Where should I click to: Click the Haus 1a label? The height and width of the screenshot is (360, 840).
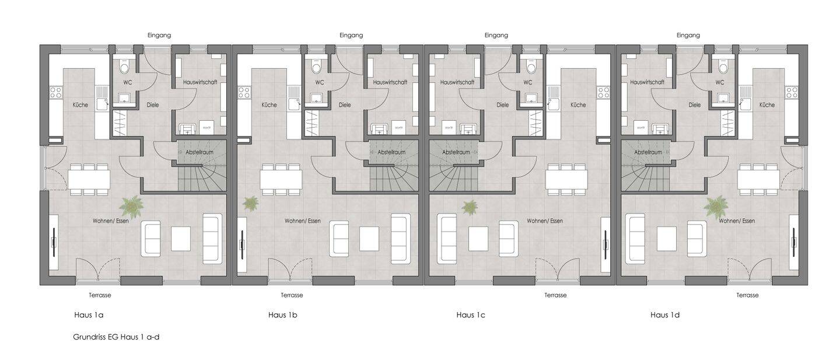(89, 315)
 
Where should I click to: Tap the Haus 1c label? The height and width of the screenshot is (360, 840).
(471, 315)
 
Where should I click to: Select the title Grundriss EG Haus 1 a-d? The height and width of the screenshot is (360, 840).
(116, 337)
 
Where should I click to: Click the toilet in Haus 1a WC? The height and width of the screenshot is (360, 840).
(124, 68)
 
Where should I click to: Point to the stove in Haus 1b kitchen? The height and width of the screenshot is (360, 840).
(244, 92)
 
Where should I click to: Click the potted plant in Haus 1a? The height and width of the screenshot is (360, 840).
(131, 205)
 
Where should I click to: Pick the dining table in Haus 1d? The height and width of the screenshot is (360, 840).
(758, 180)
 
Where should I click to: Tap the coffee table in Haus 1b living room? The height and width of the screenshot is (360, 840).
(369, 239)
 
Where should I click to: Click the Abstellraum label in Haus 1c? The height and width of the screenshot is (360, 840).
(456, 152)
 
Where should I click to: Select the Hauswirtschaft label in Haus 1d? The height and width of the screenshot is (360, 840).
(647, 82)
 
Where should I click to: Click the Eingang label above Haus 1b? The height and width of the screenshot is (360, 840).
(351, 35)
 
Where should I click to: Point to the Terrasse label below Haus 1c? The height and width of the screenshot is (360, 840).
(555, 295)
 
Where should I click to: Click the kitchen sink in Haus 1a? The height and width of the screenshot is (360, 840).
(102, 98)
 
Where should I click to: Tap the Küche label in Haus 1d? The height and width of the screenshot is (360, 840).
(767, 105)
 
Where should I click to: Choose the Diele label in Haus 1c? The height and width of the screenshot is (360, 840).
(502, 105)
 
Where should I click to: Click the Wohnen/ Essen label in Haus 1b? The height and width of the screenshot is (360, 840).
(303, 221)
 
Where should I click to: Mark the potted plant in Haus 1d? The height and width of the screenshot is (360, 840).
(716, 206)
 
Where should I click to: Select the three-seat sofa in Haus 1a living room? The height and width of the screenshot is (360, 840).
(212, 239)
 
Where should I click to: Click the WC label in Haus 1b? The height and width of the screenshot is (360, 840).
(320, 82)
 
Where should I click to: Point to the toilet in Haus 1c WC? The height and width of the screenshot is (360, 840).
(531, 68)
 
